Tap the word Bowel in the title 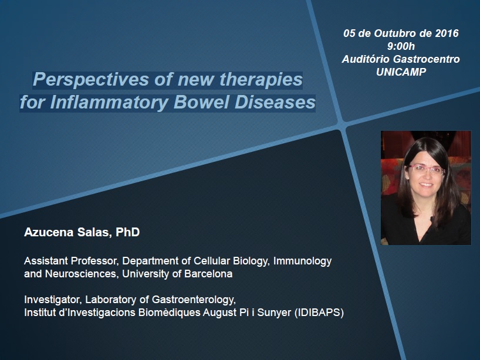point(201,102)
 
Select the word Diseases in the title point(275,102)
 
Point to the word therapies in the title point(261,80)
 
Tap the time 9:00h point(401,46)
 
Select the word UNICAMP point(401,72)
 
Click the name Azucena point(49,232)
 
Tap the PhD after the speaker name point(128,232)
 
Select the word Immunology point(302,261)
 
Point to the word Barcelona point(208,273)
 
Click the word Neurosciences point(82,273)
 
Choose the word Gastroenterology point(194,300)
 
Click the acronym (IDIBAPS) point(319,313)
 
